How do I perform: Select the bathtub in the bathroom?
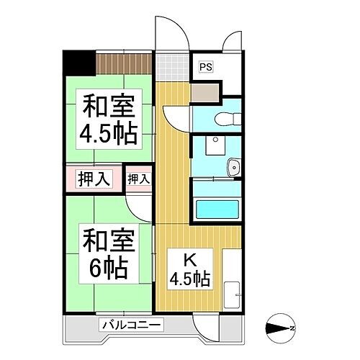[220, 210]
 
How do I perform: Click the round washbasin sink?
[233, 168]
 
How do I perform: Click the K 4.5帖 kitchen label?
[189, 269]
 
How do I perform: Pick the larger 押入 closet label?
[94, 178]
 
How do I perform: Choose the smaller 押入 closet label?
[139, 178]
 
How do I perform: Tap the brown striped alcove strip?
[125, 63]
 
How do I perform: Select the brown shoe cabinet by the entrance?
[207, 92]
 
